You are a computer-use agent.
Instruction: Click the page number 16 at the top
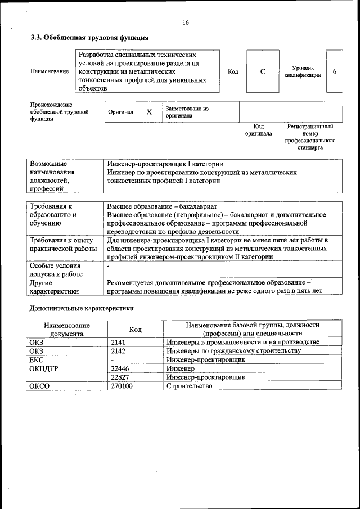[185, 22]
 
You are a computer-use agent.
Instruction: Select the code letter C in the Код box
[263, 72]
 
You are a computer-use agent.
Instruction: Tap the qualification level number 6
[335, 72]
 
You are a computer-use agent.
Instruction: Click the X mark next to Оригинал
[149, 112]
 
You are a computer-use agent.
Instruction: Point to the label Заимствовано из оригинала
[187, 112]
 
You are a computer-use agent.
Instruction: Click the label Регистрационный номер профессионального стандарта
[310, 137]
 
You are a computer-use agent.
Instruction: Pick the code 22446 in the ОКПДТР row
[121, 368]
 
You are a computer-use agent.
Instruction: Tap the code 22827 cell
[121, 377]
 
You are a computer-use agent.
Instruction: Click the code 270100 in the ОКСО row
[122, 386]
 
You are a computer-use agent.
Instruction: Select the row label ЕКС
[36, 359]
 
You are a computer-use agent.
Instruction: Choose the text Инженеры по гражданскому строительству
[233, 350]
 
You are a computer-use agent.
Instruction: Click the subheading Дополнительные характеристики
[82, 308]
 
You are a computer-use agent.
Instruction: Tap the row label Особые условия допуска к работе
[56, 269]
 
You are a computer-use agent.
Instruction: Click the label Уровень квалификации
[303, 71]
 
